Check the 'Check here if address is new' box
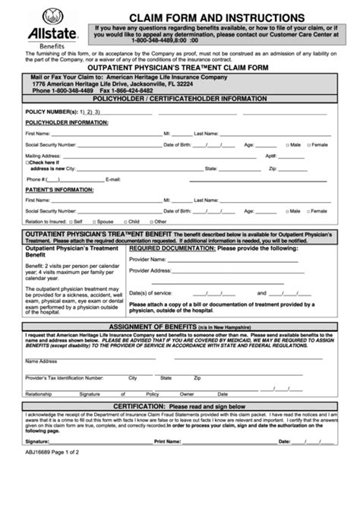click(28, 161)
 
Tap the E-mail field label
click(113, 179)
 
